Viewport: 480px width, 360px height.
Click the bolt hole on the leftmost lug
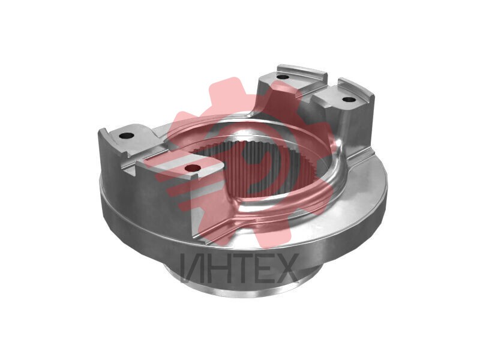pyautogui.click(x=126, y=136)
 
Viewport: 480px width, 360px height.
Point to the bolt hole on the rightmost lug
pyautogui.click(x=348, y=100)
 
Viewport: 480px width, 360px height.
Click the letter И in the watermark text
pyautogui.click(x=193, y=268)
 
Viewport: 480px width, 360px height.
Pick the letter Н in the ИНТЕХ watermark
pyautogui.click(x=218, y=268)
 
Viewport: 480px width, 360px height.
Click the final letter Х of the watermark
pyautogui.click(x=286, y=268)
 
